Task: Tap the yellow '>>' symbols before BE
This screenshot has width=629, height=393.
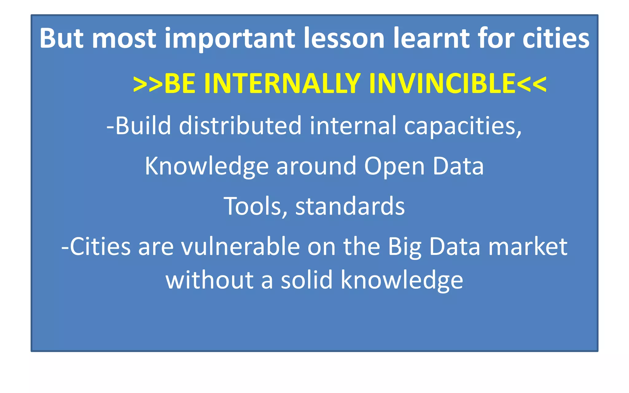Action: pyautogui.click(x=147, y=84)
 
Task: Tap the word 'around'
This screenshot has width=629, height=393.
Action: pyautogui.click(x=316, y=166)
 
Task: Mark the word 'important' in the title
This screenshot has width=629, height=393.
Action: pyautogui.click(x=230, y=39)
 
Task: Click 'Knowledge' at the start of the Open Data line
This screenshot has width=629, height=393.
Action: pyautogui.click(x=207, y=166)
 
